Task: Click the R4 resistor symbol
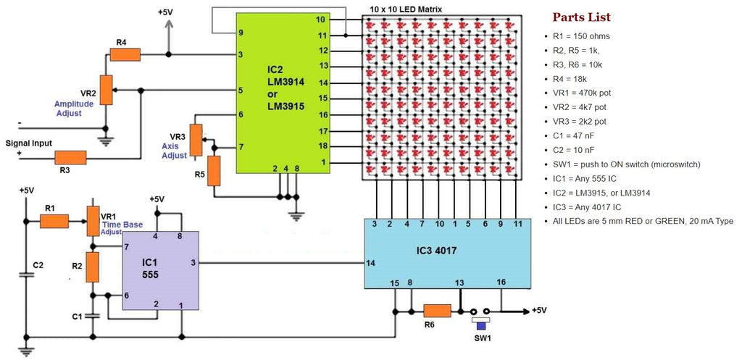coord(125,54)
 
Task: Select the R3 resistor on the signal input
coord(70,157)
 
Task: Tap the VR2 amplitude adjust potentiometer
coord(107,90)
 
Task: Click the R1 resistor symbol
coord(54,220)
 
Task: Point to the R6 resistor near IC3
coord(437,311)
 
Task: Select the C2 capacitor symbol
coord(27,275)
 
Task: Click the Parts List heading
coord(581,17)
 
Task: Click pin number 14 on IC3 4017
coord(371,263)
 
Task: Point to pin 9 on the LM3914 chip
coord(241,33)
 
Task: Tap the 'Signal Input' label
coord(29,143)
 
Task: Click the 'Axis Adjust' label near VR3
coord(174,150)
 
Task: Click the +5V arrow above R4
coord(168,26)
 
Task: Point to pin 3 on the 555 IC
coord(193,263)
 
